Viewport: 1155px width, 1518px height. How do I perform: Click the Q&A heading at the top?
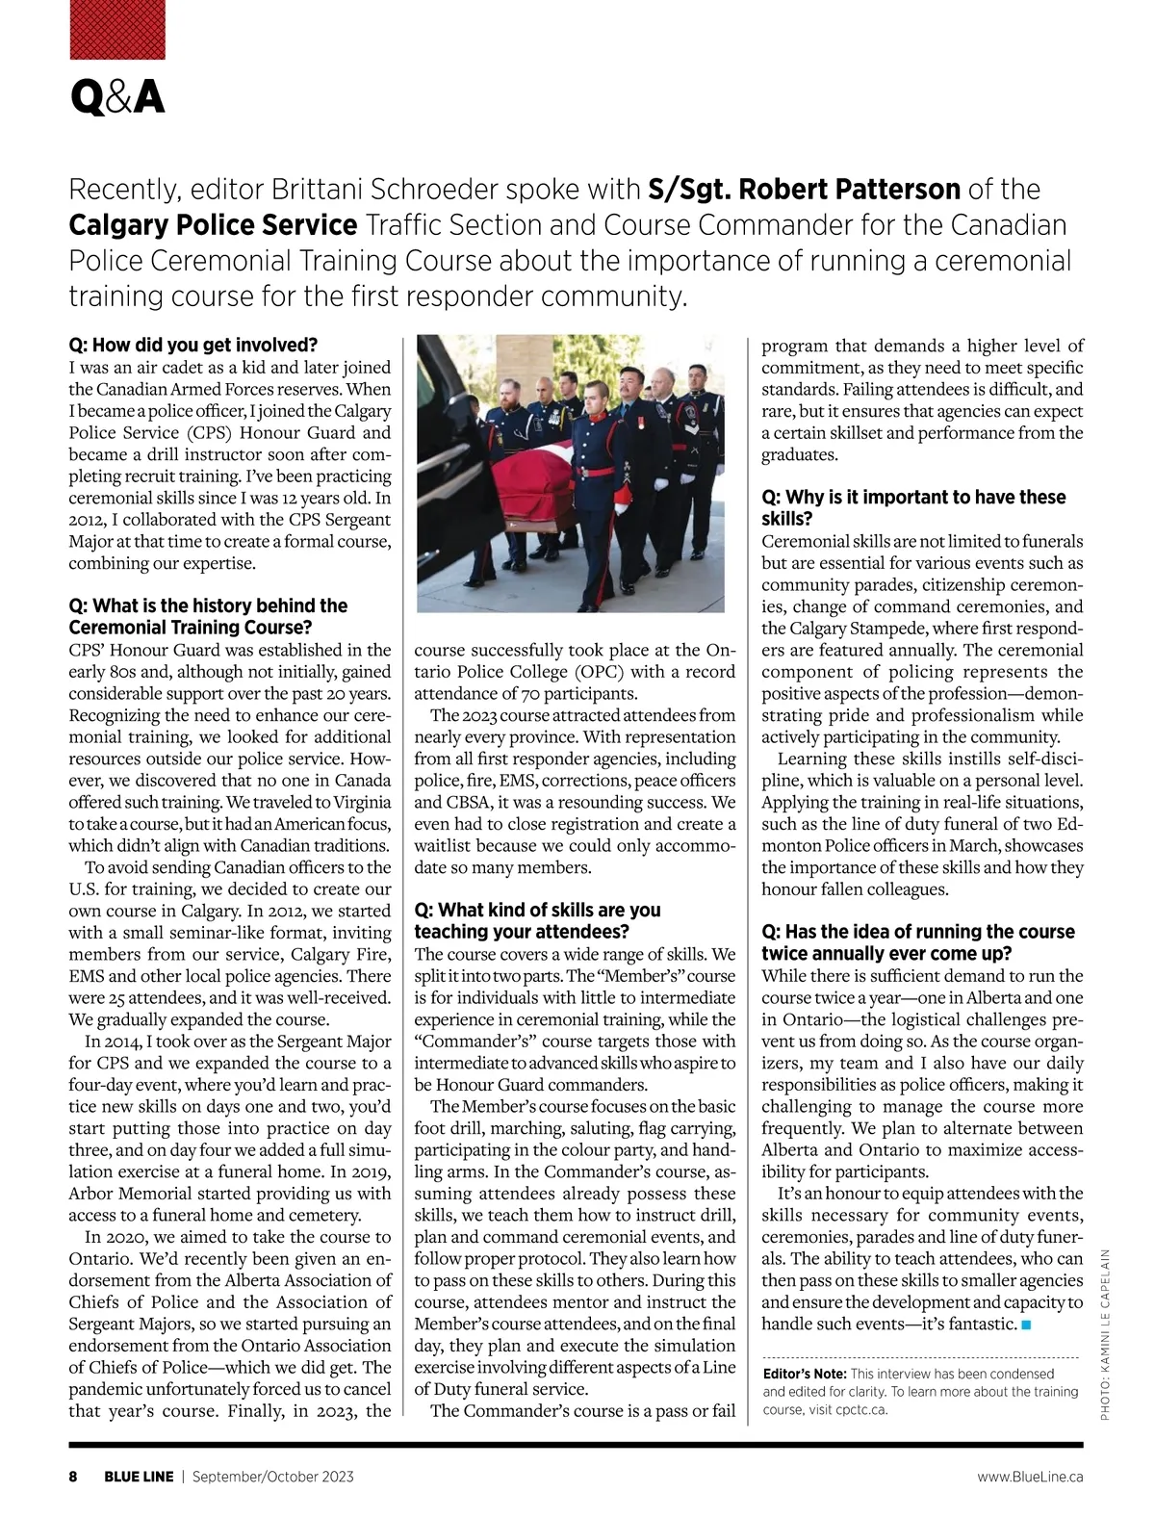116,97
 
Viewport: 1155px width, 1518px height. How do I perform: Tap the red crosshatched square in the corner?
116,29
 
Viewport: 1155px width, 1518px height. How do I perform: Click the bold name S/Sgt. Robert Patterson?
804,189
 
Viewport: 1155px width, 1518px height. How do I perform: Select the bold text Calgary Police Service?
213,225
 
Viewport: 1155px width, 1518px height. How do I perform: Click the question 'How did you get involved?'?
192,345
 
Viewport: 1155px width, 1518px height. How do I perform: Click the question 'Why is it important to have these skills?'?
913,507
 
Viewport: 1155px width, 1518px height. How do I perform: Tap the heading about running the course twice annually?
917,942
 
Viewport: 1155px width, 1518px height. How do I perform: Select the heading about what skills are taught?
537,920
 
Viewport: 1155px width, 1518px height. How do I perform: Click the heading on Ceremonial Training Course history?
208,616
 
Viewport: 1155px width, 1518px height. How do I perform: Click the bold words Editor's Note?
804,1374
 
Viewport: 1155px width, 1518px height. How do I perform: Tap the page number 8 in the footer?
73,1477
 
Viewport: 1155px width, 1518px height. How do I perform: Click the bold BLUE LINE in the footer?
139,1477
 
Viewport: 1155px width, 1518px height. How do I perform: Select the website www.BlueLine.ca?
1030,1477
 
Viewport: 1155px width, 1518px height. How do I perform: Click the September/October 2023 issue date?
272,1477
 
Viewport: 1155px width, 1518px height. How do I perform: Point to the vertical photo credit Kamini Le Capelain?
1105,1332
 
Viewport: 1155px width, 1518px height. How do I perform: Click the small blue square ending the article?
1026,1325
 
